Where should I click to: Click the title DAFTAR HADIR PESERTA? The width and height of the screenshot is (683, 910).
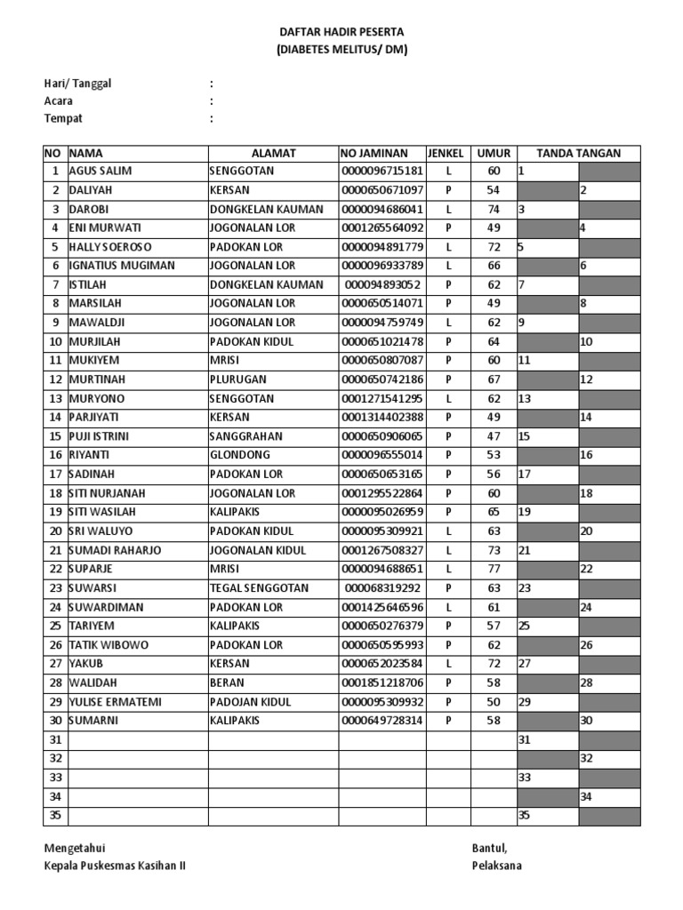click(x=341, y=33)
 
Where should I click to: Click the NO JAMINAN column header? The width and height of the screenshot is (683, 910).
click(x=382, y=153)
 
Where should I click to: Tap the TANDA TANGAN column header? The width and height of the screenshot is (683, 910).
click(x=578, y=153)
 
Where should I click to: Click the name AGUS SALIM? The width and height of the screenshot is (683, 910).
click(x=100, y=171)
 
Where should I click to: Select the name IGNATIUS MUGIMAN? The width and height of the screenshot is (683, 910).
click(x=122, y=266)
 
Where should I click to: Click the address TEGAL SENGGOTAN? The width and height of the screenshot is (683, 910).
click(x=259, y=588)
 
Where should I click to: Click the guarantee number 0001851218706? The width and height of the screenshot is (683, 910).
click(x=382, y=683)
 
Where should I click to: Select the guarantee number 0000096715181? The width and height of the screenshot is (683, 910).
click(x=382, y=171)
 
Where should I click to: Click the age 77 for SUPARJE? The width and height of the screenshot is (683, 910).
click(x=494, y=569)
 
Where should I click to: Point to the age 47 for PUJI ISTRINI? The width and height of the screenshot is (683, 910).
click(x=494, y=436)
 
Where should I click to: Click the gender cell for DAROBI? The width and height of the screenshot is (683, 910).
click(x=448, y=209)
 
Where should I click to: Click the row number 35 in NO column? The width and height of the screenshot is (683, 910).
click(x=56, y=815)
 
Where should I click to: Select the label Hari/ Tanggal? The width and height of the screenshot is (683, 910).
click(x=78, y=84)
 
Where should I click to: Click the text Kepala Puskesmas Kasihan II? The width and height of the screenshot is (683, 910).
click(x=116, y=866)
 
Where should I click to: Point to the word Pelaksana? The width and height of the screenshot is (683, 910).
click(x=497, y=866)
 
